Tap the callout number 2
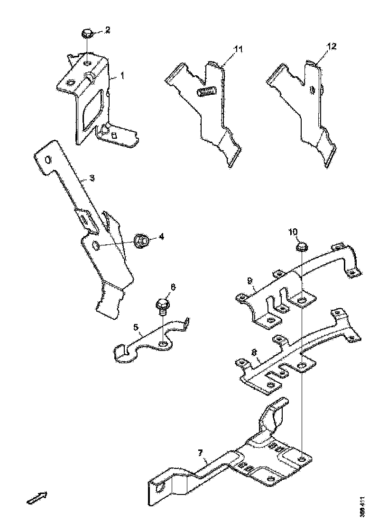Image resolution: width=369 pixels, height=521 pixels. [x=108, y=30]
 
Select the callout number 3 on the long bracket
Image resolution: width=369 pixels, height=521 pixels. [x=92, y=178]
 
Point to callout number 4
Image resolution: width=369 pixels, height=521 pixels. [x=162, y=236]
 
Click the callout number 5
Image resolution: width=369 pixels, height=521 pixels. [x=135, y=327]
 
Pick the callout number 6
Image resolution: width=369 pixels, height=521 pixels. [x=173, y=287]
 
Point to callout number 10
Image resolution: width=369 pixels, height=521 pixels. [x=293, y=232]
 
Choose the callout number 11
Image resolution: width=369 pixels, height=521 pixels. [x=238, y=49]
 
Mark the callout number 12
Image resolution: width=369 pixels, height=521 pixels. [x=332, y=46]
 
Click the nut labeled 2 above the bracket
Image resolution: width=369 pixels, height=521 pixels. [x=87, y=33]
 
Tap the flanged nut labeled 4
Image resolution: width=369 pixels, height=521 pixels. [x=142, y=241]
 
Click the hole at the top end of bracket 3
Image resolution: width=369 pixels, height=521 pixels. [x=48, y=160]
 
